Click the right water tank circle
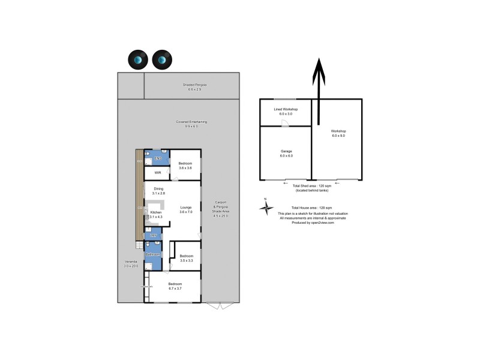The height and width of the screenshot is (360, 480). tap(161, 59)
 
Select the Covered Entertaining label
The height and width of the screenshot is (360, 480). tap(191, 124)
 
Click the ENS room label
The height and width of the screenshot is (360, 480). tap(158, 158)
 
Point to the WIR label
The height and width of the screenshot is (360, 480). tap(158, 173)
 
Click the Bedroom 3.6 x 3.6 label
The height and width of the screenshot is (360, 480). tap(186, 166)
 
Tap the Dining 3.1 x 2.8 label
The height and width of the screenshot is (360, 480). tap(158, 191)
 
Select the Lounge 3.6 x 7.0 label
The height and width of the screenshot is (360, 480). tap(186, 210)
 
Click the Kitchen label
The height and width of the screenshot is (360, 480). tap(156, 213)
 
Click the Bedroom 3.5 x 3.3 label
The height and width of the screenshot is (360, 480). tap(186, 257)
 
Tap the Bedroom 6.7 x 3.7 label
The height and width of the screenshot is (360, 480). tap(175, 286)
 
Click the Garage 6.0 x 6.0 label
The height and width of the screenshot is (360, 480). tap(286, 154)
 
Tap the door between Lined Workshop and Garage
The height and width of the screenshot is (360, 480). tap(286, 124)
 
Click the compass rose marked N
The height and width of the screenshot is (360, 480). tap(266, 207)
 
